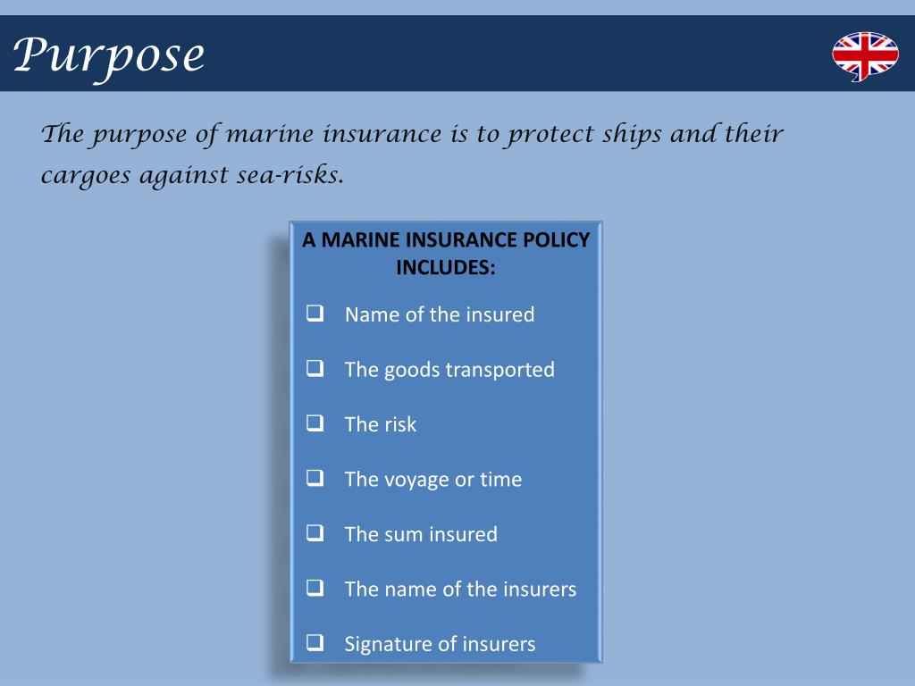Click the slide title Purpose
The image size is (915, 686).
(x=109, y=55)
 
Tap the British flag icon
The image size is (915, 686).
(x=864, y=56)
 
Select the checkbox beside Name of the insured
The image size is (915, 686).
(x=315, y=314)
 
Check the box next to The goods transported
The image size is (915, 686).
(x=315, y=368)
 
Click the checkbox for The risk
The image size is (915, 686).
(x=315, y=423)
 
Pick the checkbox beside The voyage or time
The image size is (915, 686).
(x=315, y=478)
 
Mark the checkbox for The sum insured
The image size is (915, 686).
(x=315, y=533)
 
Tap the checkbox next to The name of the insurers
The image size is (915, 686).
(x=315, y=588)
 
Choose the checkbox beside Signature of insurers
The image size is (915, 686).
(x=315, y=642)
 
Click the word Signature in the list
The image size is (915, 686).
(x=384, y=643)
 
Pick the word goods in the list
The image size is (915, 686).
(x=412, y=370)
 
